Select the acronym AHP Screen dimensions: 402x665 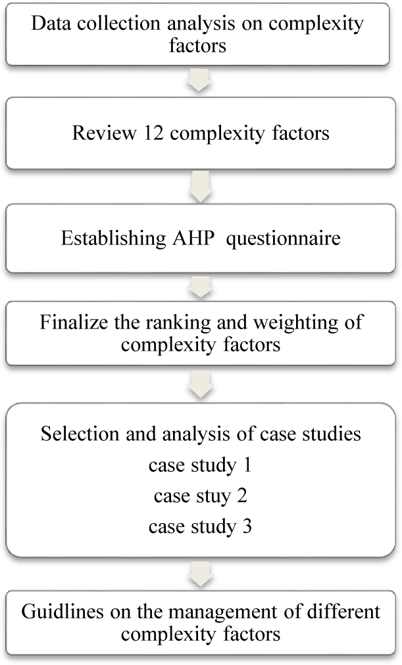[x=193, y=237]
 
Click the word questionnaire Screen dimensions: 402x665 [x=283, y=239]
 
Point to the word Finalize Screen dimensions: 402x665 [x=74, y=322]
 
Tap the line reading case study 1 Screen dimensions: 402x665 [x=200, y=466]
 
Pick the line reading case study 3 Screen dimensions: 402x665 [x=200, y=527]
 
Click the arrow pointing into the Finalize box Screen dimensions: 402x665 [x=200, y=287]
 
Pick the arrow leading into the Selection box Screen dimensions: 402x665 [x=200, y=384]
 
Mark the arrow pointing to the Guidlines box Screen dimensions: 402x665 [x=200, y=574]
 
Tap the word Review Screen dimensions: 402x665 [x=104, y=133]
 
